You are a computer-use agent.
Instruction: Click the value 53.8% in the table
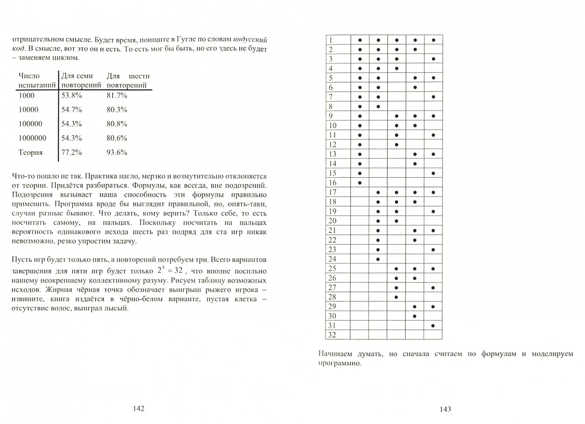click(71, 95)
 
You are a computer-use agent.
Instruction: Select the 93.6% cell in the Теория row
click(117, 152)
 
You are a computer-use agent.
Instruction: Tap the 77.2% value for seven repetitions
click(71, 152)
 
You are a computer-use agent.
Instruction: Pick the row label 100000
click(30, 124)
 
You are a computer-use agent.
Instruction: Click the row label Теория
click(30, 152)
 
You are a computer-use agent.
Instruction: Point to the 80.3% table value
click(117, 110)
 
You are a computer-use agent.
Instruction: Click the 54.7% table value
click(71, 110)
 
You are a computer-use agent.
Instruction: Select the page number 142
click(139, 409)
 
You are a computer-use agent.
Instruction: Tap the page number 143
click(445, 409)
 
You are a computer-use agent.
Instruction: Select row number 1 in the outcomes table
click(331, 40)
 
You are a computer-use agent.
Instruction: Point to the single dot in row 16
click(360, 183)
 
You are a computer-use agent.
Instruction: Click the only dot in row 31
click(433, 325)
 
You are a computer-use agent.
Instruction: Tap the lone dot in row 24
click(378, 259)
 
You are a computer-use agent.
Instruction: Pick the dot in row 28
click(397, 297)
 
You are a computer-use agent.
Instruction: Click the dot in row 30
click(415, 316)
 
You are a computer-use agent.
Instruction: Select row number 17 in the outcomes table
click(333, 192)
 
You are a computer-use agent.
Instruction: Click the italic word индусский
click(250, 39)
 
